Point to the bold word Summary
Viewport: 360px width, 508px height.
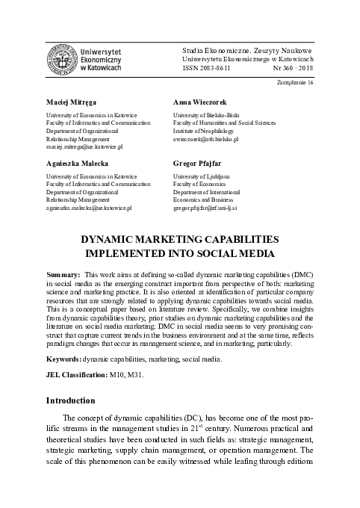63,276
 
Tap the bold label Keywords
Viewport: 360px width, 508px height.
63,360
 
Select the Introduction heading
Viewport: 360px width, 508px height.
71,401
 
